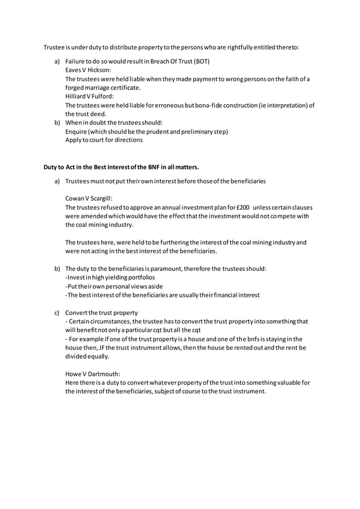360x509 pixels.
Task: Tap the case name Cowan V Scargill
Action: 89,199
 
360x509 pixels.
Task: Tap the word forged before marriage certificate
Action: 77,87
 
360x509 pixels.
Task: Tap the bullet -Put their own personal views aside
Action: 109,286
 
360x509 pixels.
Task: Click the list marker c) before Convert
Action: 56,313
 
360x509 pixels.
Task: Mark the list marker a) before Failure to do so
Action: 56,61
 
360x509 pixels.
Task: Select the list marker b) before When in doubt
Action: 56,122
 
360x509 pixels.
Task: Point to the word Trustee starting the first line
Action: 55,47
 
